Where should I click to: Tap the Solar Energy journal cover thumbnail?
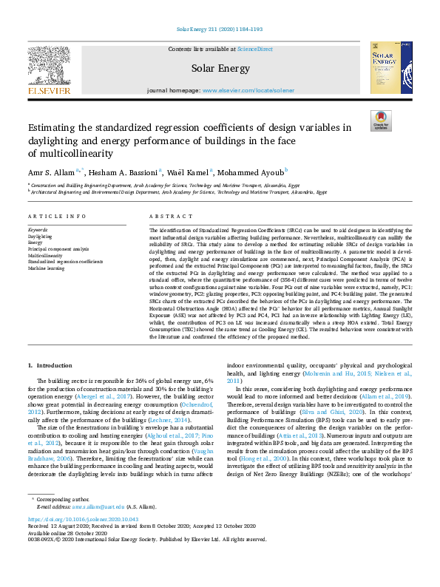pyautogui.click(x=390, y=68)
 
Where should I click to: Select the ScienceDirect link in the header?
pyautogui.click(x=254, y=48)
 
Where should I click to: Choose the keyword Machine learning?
pyautogui.click(x=47, y=268)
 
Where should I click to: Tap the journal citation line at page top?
pyautogui.click(x=220, y=30)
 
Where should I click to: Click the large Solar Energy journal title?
pyautogui.click(x=219, y=68)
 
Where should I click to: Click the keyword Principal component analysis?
pyautogui.click(x=58, y=248)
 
